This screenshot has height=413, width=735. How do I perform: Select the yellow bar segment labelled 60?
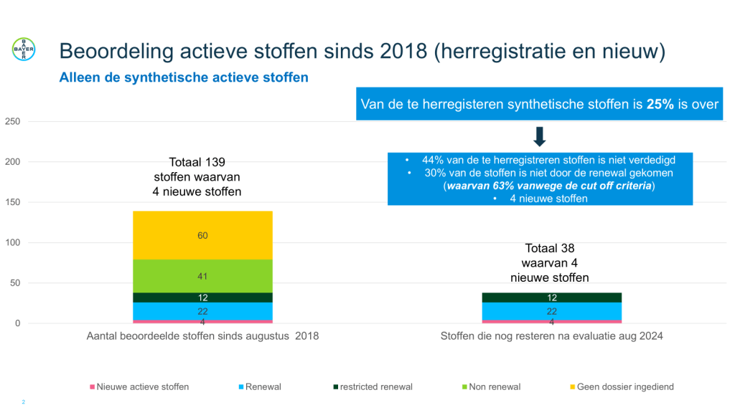pyautogui.click(x=202, y=235)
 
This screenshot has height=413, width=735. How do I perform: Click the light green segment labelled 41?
pyautogui.click(x=202, y=275)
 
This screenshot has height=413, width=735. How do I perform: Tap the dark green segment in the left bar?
pyautogui.click(x=202, y=298)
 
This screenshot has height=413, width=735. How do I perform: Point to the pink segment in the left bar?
pyautogui.click(x=202, y=321)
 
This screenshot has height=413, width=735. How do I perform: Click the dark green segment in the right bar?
pyautogui.click(x=551, y=298)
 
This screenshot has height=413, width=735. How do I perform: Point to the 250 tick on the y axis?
pyautogui.click(x=13, y=122)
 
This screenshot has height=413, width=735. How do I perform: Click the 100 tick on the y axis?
pyautogui.click(x=13, y=243)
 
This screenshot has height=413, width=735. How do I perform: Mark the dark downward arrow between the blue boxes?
pyautogui.click(x=540, y=136)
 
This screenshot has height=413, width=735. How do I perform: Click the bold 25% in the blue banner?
pyautogui.click(x=661, y=104)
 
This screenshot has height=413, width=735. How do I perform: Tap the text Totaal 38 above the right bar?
pyautogui.click(x=551, y=249)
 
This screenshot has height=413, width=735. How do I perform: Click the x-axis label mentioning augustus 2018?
pyautogui.click(x=202, y=336)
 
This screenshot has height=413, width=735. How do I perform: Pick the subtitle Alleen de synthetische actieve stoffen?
pyautogui.click(x=183, y=77)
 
